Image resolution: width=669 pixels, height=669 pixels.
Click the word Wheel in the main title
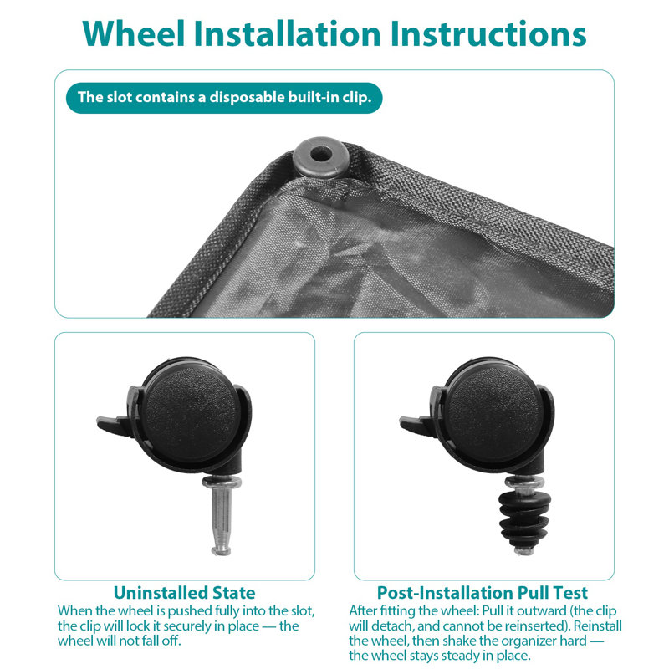(x=134, y=33)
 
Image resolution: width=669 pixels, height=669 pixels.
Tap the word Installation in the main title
(x=287, y=33)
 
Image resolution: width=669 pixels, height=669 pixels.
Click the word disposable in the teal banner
(x=248, y=98)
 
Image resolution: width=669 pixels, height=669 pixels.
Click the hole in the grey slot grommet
(x=320, y=154)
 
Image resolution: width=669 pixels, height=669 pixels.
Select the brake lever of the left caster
(x=113, y=425)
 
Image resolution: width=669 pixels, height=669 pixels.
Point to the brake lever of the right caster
(x=416, y=425)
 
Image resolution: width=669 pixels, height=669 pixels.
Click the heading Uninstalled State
(x=184, y=593)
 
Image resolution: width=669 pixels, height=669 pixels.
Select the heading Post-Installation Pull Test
(x=483, y=593)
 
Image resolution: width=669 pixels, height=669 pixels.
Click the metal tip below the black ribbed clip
(x=523, y=551)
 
